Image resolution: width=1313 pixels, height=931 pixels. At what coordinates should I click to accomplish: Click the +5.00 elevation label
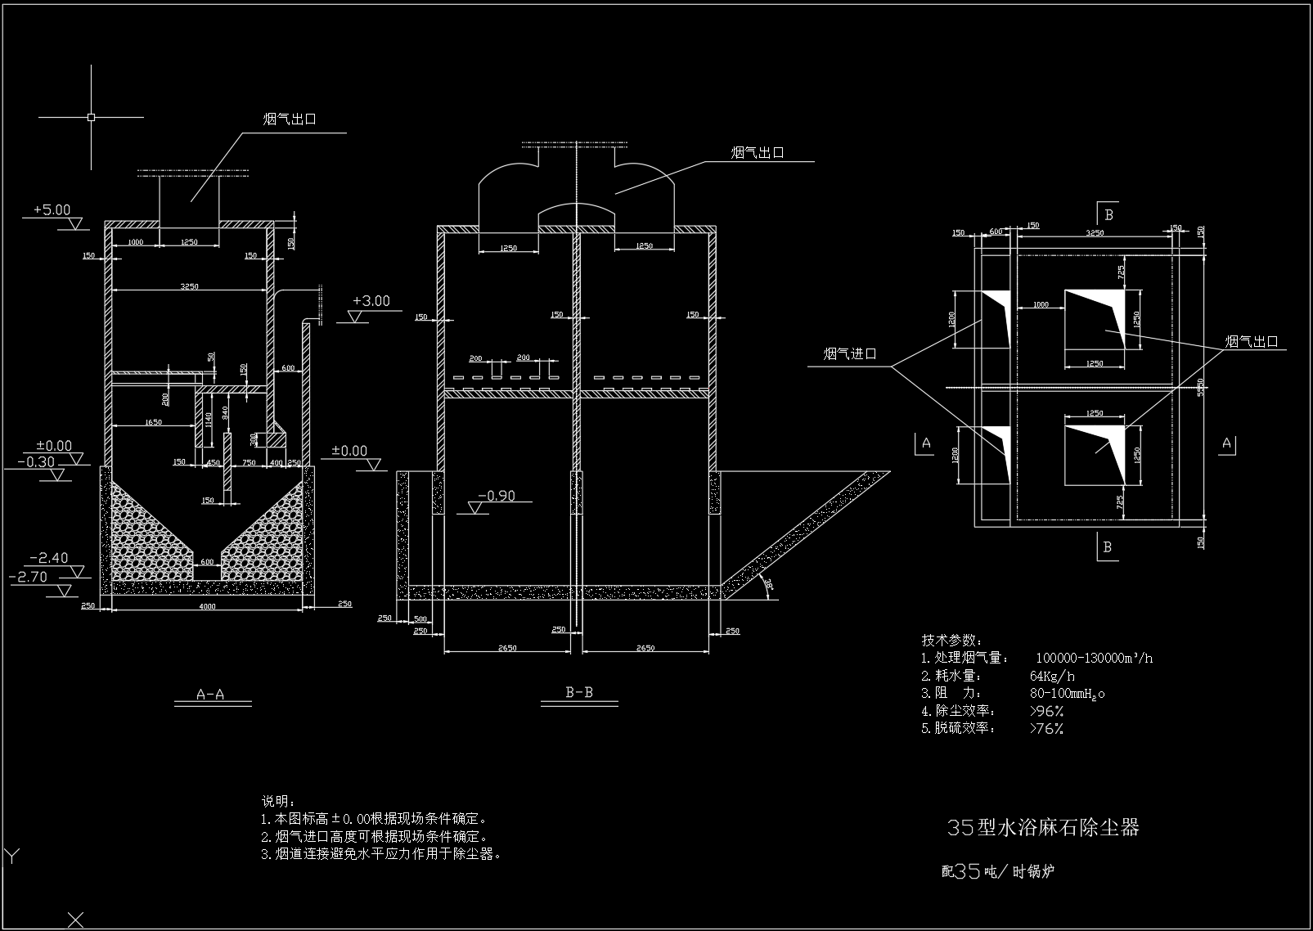coord(52,210)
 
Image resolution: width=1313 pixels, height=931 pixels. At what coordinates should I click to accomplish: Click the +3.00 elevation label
coord(371,301)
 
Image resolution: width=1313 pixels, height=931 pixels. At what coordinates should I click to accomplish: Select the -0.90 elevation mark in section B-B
coord(496,496)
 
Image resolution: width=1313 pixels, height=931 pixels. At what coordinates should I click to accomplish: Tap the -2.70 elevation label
coord(29,577)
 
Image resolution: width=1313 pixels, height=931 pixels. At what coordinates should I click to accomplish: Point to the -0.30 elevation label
coord(35,462)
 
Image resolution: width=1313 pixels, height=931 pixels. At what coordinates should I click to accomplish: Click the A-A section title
coord(211,695)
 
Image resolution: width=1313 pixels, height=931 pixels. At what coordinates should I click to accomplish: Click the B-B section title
coord(579,693)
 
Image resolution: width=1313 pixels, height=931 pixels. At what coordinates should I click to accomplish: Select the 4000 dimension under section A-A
coord(207,606)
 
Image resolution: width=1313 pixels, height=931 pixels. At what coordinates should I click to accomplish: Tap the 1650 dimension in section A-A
coord(152,422)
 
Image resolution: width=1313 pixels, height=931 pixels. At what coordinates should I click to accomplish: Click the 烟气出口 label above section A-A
coord(290,119)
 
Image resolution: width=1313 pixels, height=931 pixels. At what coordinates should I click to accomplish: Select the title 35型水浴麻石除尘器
coord(1042,827)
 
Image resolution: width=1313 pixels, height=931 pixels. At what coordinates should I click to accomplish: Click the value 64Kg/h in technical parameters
coord(1052,676)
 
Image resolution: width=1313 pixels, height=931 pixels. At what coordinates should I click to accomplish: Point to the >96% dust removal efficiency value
coord(1046,711)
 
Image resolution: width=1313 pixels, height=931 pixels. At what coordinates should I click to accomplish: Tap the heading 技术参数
coord(951,640)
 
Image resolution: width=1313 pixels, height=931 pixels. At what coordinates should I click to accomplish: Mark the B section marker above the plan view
coord(1108,215)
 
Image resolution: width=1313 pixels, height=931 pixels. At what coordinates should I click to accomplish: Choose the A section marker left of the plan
coord(926,443)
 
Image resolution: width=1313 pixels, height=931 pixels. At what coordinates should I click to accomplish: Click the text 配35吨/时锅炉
coord(997,871)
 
